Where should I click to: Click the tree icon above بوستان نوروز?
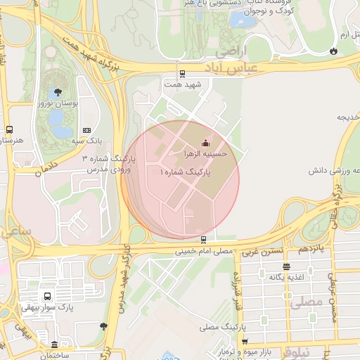(57, 92)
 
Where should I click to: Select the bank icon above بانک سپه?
(86, 130)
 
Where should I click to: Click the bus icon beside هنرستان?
(10, 129)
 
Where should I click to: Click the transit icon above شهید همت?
(182, 73)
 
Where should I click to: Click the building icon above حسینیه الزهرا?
(205, 143)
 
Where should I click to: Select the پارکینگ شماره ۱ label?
(185, 172)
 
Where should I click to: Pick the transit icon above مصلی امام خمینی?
(203, 239)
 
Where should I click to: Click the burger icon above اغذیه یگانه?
(286, 266)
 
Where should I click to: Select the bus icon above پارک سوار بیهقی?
(47, 297)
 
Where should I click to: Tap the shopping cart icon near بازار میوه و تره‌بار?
(245, 342)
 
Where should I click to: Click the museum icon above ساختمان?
(55, 345)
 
